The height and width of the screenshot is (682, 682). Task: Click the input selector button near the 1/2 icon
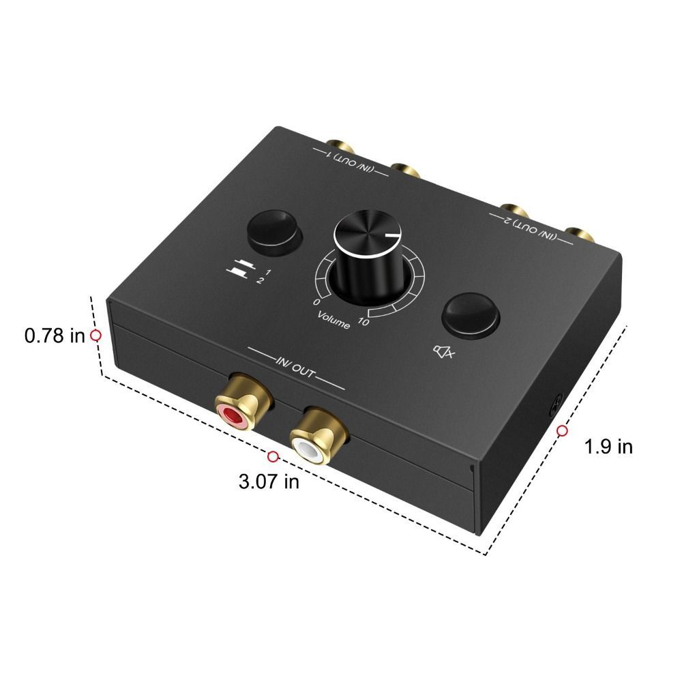[273, 231]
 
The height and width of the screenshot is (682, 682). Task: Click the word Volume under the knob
[333, 320]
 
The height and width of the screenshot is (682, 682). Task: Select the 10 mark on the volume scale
[364, 321]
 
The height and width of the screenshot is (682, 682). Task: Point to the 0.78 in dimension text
[54, 336]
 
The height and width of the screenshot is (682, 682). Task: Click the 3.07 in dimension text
[269, 481]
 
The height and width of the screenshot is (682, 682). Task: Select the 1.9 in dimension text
[609, 447]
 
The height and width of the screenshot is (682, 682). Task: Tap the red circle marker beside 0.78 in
[96, 335]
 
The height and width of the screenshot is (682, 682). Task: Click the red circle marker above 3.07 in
[273, 456]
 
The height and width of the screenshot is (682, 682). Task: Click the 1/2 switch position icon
[242, 272]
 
